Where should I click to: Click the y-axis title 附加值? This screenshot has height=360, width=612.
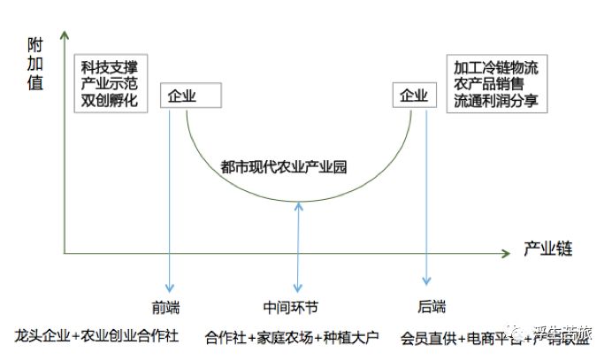34,71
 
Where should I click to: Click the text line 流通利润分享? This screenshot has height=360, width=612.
496,101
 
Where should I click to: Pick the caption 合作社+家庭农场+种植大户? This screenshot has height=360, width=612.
291,337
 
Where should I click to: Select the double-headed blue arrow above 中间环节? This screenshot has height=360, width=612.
301,248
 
